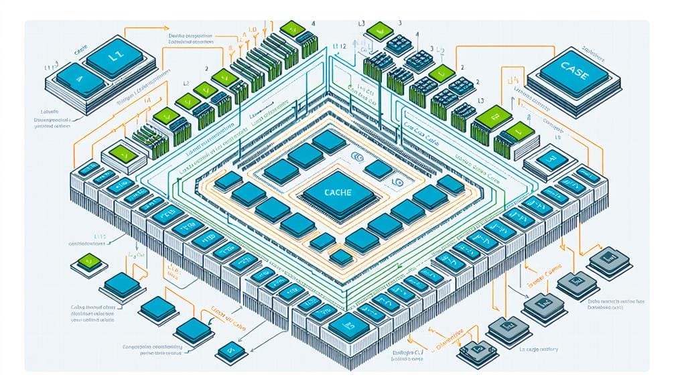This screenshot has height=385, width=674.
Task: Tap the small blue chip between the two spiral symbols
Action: (379, 169)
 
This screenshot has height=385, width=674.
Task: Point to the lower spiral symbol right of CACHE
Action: (398, 181)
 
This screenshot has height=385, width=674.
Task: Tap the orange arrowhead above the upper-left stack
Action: (167, 28)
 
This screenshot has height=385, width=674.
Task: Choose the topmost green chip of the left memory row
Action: (292, 28)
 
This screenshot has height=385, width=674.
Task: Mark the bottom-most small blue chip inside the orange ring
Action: (342, 256)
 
